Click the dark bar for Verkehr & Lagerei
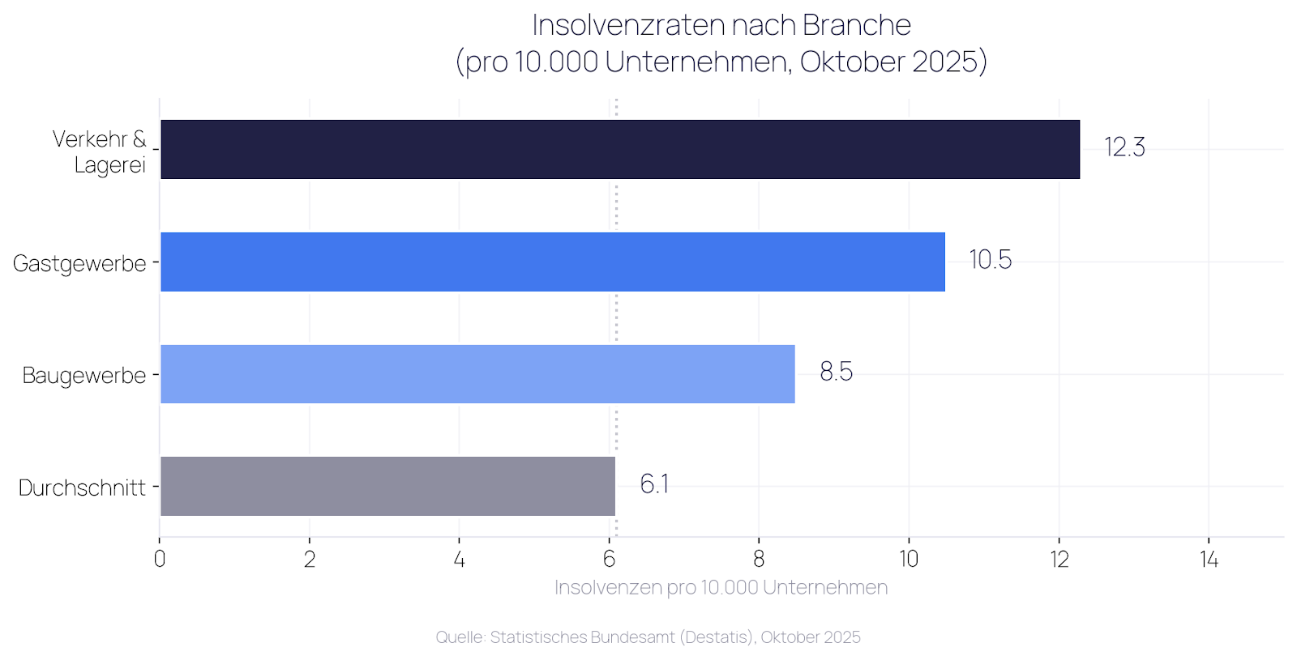(x=620, y=149)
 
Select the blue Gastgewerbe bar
(x=553, y=262)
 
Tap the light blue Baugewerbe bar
(x=477, y=374)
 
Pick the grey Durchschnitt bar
(x=387, y=486)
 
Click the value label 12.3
(x=1124, y=147)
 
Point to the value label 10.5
(x=990, y=260)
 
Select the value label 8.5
(x=836, y=372)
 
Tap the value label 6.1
(x=654, y=484)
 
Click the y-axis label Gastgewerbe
(x=79, y=263)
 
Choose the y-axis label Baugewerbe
(x=84, y=376)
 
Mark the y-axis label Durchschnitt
(x=82, y=488)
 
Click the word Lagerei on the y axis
(x=110, y=165)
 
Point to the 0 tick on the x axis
(x=160, y=560)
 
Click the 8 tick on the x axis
(x=759, y=560)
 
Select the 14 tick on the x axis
(x=1209, y=560)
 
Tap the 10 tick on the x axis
(x=909, y=560)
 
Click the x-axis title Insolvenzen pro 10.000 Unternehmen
(x=721, y=588)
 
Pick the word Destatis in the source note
(x=717, y=637)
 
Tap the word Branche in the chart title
(x=857, y=25)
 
